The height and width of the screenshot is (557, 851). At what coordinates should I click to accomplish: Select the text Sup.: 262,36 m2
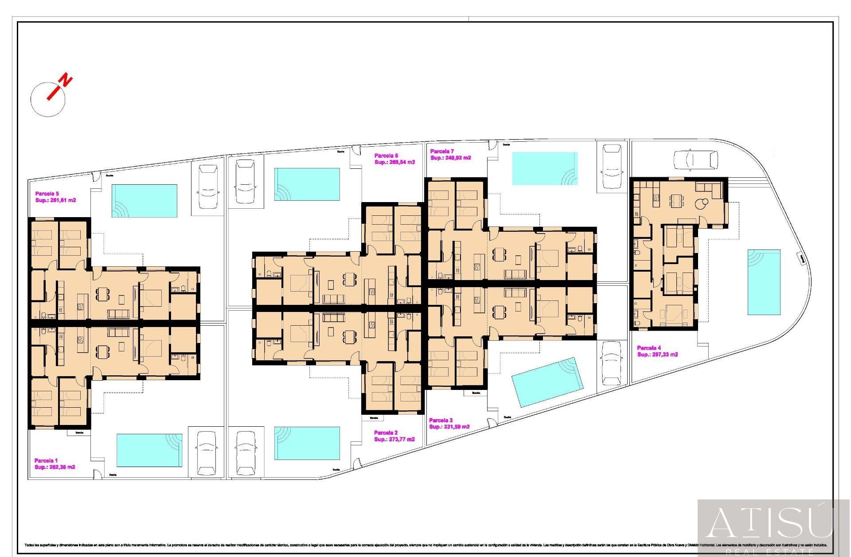click(55, 467)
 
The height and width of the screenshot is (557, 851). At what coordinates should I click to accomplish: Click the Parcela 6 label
click(386, 156)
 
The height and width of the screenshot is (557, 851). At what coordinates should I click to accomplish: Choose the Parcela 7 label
click(442, 151)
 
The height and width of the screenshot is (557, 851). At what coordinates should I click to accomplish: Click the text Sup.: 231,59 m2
click(449, 427)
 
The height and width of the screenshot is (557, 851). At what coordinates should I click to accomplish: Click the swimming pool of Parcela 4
click(764, 282)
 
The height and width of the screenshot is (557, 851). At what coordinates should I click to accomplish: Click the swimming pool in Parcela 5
click(144, 201)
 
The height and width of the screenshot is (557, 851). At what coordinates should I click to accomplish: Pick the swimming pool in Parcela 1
click(149, 450)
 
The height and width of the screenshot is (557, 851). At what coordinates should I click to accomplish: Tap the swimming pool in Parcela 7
click(545, 168)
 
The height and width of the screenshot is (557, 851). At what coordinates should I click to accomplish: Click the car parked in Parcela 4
click(695, 160)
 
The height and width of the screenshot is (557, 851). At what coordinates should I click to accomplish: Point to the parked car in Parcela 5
click(207, 187)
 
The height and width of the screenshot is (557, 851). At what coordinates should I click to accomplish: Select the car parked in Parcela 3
click(612, 363)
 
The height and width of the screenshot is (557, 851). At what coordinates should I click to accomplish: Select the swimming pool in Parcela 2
click(307, 443)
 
